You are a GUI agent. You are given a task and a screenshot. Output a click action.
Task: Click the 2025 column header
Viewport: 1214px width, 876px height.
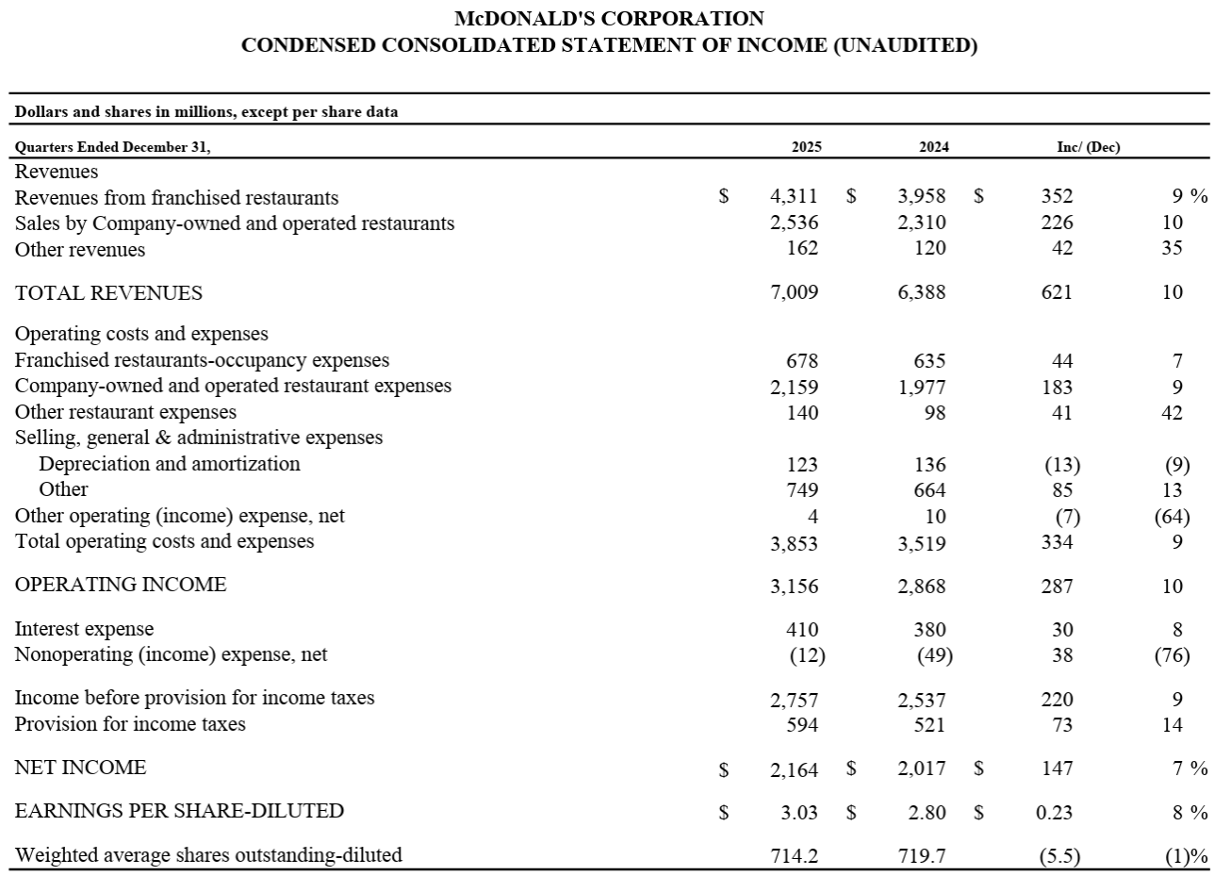coord(806,147)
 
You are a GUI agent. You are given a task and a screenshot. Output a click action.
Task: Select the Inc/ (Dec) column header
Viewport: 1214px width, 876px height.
coord(1089,147)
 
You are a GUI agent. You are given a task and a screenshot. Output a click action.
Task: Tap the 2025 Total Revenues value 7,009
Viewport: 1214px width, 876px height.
coord(795,292)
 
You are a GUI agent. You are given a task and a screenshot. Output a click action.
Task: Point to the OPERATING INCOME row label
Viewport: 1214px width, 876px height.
coord(121,585)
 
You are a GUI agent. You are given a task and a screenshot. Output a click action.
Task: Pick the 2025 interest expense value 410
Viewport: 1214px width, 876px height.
coord(802,629)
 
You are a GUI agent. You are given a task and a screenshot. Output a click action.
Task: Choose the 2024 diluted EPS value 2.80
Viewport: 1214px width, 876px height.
coord(927,812)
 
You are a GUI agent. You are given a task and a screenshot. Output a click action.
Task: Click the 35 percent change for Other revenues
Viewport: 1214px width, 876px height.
coord(1172,249)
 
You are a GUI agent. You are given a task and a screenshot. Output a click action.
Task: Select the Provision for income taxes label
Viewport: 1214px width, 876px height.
coord(130,724)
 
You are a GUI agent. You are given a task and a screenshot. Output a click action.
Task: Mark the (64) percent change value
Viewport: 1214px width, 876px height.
coord(1172,516)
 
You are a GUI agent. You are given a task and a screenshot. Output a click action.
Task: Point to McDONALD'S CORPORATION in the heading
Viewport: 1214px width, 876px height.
coord(609,19)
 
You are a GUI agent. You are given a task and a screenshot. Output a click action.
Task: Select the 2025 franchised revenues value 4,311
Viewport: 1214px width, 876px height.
coord(794,197)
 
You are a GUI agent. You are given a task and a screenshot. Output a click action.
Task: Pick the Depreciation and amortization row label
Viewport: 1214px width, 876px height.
coord(170,464)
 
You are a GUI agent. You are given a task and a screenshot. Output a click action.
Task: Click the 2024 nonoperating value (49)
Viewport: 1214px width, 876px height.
coord(934,654)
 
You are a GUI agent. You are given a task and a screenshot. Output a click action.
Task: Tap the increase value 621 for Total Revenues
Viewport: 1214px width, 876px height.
coord(1057,292)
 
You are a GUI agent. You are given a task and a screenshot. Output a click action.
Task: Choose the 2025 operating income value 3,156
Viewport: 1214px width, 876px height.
coord(795,586)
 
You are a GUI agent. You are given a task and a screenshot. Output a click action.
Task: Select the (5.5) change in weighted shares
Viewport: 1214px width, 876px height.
coord(1060,855)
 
